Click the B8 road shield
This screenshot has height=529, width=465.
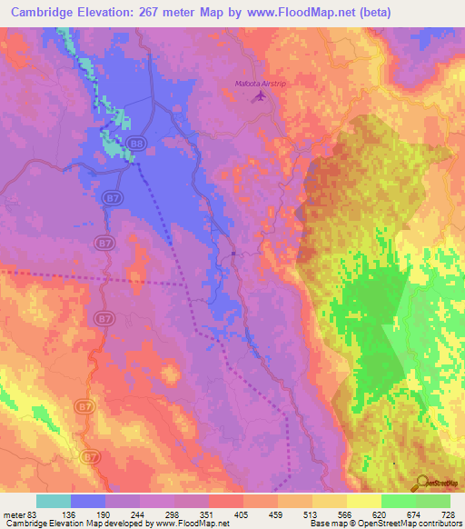tap(136, 143)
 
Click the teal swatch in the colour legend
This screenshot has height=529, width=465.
tap(53, 501)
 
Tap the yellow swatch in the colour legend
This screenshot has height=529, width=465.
tap(364, 501)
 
